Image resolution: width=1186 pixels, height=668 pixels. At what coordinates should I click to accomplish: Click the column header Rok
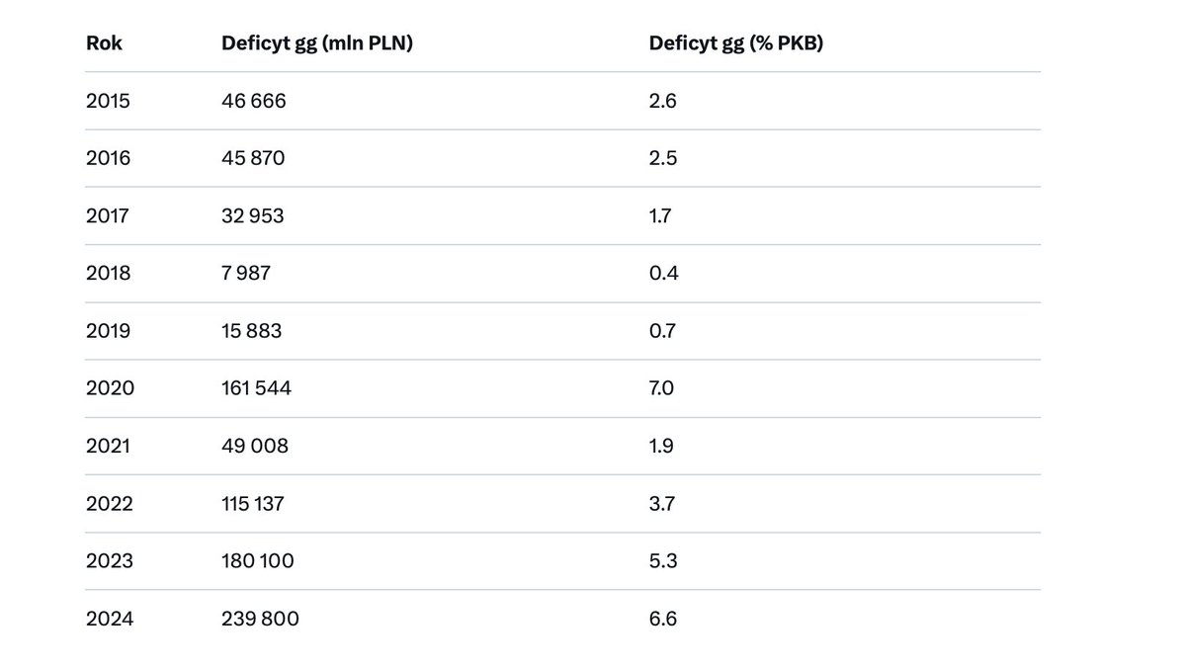(104, 43)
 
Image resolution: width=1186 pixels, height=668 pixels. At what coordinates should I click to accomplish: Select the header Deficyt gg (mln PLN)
(316, 43)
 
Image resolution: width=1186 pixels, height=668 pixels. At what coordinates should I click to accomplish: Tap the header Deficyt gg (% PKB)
(736, 43)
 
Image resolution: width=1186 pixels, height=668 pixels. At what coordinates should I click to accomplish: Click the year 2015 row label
(107, 101)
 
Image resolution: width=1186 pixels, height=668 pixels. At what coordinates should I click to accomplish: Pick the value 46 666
(254, 101)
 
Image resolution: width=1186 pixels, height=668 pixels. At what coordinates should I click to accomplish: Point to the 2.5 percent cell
(663, 158)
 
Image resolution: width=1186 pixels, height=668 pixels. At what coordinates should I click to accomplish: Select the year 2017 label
(107, 215)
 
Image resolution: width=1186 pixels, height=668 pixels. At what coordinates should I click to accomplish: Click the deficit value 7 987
(246, 273)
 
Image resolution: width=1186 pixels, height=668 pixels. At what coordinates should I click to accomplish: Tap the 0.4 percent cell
(663, 273)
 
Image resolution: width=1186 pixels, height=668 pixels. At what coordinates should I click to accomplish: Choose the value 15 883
(252, 331)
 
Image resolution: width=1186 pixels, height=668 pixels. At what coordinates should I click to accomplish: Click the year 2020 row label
(110, 388)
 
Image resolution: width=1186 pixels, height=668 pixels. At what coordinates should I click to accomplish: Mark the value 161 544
(257, 388)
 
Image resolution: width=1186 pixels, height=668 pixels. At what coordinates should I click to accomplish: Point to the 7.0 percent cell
(662, 388)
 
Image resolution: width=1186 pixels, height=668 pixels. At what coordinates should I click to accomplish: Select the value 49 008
(255, 446)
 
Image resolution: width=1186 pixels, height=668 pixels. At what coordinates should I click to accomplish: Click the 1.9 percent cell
(661, 446)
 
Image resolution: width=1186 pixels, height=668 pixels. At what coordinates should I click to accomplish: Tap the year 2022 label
(109, 504)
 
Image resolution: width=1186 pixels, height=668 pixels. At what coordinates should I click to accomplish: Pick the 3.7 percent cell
(662, 504)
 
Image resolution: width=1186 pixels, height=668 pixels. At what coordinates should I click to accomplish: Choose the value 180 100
(258, 561)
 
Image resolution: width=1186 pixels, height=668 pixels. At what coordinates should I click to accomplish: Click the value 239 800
(260, 620)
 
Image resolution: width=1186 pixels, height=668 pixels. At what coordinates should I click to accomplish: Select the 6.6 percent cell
(663, 620)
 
